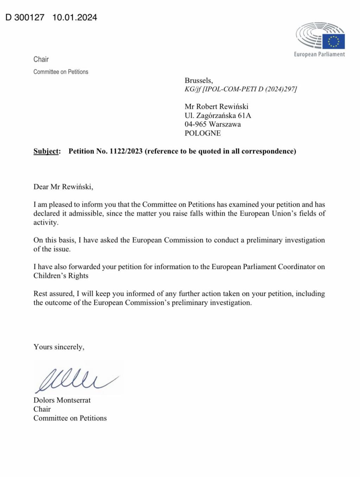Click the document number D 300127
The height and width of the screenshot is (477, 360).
tap(25, 17)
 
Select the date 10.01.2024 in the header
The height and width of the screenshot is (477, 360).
tap(75, 17)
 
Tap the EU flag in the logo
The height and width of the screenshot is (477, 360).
tap(333, 41)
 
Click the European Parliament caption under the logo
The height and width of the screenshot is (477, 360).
tap(319, 54)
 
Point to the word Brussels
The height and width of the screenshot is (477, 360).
tap(199, 80)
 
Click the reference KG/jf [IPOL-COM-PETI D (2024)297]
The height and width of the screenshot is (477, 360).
tap(241, 89)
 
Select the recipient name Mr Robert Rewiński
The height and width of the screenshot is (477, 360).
tap(217, 106)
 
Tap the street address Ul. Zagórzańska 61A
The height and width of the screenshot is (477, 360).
tap(218, 115)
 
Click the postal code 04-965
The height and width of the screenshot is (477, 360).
tap(195, 124)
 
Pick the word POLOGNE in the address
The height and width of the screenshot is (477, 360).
tap(203, 133)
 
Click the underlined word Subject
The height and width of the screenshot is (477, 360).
tap(47, 151)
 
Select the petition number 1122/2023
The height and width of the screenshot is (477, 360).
tap(126, 151)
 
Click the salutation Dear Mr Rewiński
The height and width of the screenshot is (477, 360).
tap(63, 187)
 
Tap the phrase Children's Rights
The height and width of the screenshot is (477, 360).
tap(61, 276)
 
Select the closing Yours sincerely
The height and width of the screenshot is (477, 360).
tap(59, 347)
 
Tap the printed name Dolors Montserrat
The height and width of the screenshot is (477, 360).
tap(62, 400)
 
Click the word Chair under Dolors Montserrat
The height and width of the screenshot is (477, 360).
tap(42, 409)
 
